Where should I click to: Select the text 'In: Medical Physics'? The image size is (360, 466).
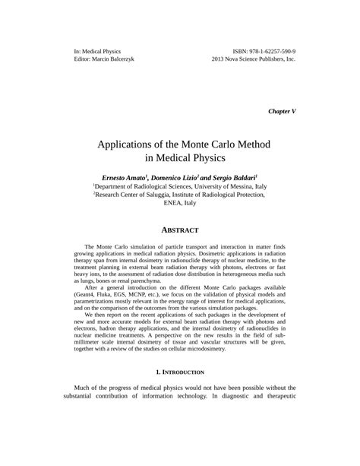[x=89, y=49]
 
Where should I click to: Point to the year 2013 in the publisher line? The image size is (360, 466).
[x=220, y=59]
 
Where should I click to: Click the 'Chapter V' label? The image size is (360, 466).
[x=282, y=111]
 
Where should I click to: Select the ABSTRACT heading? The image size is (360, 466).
[x=180, y=230]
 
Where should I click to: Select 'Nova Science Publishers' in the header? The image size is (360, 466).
[x=253, y=59]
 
